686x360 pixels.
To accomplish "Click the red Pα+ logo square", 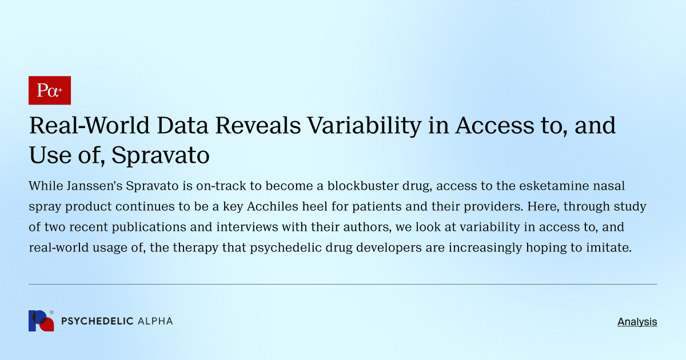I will tap(50, 90).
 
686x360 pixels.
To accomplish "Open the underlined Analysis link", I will tap(637, 322).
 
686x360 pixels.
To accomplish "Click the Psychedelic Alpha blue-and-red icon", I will tap(41, 321).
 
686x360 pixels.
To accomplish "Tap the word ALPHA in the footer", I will tap(155, 321).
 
